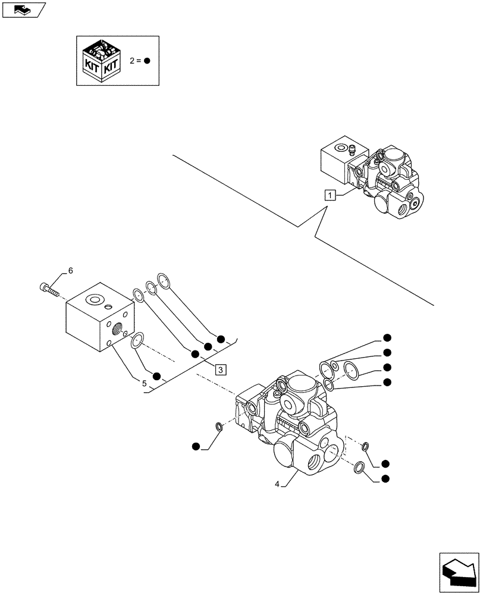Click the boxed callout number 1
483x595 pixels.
pos(331,194)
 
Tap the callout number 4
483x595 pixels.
pos(278,484)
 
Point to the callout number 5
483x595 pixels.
pos(145,383)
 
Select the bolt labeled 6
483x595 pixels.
pos(49,289)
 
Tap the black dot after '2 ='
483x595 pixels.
pos(147,61)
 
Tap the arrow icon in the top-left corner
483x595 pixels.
pos(23,9)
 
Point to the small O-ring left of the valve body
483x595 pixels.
pos(218,426)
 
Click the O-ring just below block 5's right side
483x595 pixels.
pos(137,340)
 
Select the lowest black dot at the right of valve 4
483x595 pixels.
pos(385,479)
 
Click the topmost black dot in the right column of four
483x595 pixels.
pos(387,338)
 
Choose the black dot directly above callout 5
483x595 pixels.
pos(156,375)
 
